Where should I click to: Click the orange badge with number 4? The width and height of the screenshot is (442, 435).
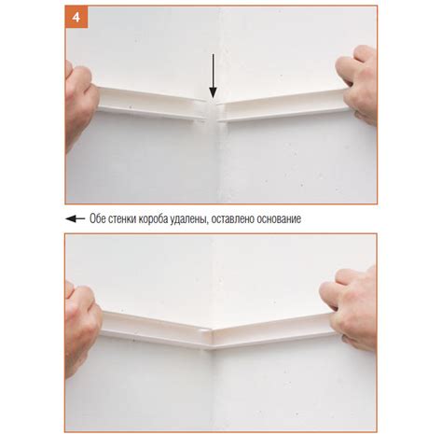76,17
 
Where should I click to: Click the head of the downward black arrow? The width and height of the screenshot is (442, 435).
213,92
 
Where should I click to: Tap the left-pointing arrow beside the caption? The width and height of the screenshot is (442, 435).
76,218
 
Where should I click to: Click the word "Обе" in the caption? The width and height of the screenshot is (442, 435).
98,218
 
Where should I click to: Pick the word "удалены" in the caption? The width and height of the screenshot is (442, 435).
189,219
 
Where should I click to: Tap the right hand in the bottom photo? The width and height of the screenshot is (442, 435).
352,308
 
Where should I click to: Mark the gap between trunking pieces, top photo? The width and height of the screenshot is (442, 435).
213,112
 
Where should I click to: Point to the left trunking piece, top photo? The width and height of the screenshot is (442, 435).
152,105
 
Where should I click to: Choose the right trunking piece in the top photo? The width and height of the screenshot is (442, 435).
283,105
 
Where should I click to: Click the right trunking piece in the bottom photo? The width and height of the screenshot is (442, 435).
273,331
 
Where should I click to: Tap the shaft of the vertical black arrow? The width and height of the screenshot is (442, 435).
213,71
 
